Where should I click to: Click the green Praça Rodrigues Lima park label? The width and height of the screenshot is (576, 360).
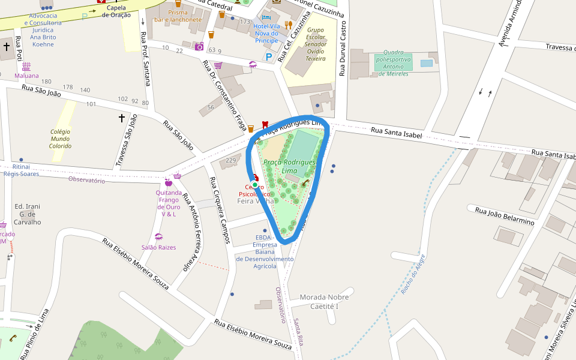tap(289, 167)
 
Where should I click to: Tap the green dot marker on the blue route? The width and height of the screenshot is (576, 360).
tap(255, 186)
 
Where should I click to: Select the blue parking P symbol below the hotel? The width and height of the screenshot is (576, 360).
tap(269, 57)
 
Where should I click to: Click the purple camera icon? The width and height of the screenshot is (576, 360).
tap(199, 46)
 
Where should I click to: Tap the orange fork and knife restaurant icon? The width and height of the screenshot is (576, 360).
tap(289, 25)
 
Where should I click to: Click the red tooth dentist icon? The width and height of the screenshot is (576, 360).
tap(265, 125)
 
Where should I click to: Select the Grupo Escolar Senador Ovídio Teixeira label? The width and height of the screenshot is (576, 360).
tap(316, 44)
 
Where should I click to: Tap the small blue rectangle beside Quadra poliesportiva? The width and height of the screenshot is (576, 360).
tap(427, 63)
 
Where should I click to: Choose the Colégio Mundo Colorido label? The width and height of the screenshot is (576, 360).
tap(60, 139)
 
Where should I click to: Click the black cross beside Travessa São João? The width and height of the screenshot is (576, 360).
tap(122, 118)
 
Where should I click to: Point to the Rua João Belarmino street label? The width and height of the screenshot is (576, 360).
tap(505, 216)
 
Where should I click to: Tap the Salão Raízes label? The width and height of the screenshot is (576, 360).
tap(158, 247)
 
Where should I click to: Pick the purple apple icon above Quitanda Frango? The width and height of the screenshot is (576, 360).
tap(168, 182)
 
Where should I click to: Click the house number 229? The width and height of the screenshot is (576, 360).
tap(231, 160)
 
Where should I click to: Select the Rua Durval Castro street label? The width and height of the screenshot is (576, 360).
tap(343, 50)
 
